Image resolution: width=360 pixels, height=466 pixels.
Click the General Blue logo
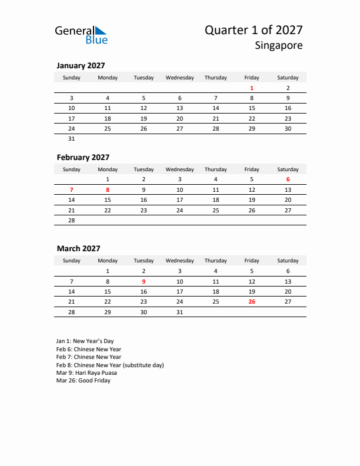[81, 35]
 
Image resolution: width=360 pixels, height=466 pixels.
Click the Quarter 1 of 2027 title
[254, 30]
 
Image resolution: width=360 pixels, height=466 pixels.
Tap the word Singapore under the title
[279, 45]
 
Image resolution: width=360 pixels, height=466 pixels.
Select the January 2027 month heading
[81, 66]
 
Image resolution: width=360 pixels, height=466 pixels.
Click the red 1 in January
[252, 88]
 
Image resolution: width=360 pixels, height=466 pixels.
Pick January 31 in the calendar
[72, 139]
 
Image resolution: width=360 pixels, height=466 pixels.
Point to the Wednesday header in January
[179, 78]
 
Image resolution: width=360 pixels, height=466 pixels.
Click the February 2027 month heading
[83, 157]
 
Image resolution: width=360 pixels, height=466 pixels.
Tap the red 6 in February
[288, 179]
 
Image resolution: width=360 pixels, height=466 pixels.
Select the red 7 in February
[72, 190]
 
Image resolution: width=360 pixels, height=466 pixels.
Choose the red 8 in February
[108, 190]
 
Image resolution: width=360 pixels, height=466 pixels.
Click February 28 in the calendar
[72, 220]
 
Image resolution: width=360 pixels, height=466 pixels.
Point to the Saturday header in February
[288, 169]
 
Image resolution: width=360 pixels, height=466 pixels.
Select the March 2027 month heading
[78, 249]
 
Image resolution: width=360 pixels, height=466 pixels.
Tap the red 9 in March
[144, 281]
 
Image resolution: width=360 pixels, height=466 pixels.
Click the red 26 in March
[252, 302]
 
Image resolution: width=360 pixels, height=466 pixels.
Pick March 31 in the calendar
[179, 312]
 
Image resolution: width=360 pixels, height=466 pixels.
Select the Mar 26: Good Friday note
[83, 381]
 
